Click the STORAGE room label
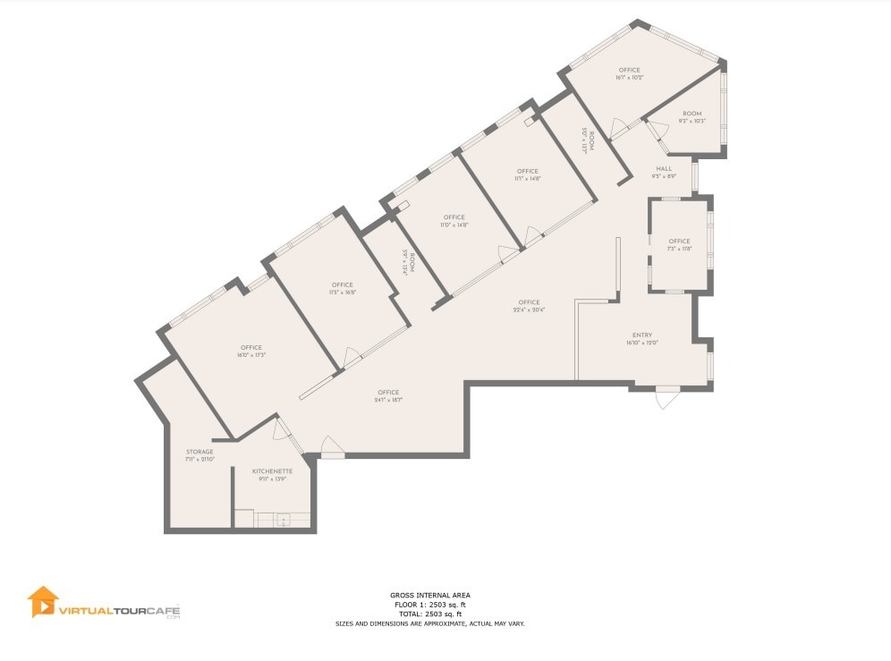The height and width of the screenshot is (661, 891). pos(199,452)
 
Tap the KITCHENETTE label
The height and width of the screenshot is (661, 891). pos(272,470)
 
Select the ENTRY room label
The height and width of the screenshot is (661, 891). pos(641,335)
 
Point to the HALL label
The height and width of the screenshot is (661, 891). pos(664,168)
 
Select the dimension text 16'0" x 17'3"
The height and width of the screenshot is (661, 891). pos(250,355)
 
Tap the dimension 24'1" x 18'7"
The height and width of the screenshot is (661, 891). pos(388,400)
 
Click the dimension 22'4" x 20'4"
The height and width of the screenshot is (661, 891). pos(529,309)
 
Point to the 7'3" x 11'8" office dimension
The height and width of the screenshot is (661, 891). pos(679,249)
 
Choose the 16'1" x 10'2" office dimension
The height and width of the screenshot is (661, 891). pos(629,78)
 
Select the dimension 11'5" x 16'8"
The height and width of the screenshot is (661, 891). pos(342,292)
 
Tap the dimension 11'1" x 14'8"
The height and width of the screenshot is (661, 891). pos(527,179)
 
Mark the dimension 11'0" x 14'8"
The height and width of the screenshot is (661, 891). pos(454,225)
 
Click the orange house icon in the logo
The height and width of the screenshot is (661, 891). pos(42,601)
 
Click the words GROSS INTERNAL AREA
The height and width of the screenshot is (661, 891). pos(429,595)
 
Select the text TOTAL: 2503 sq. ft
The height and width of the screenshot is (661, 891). pos(429,614)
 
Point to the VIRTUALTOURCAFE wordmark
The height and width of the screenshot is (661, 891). pos(119,610)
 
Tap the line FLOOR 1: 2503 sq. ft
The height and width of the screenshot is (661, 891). pos(429,605)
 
